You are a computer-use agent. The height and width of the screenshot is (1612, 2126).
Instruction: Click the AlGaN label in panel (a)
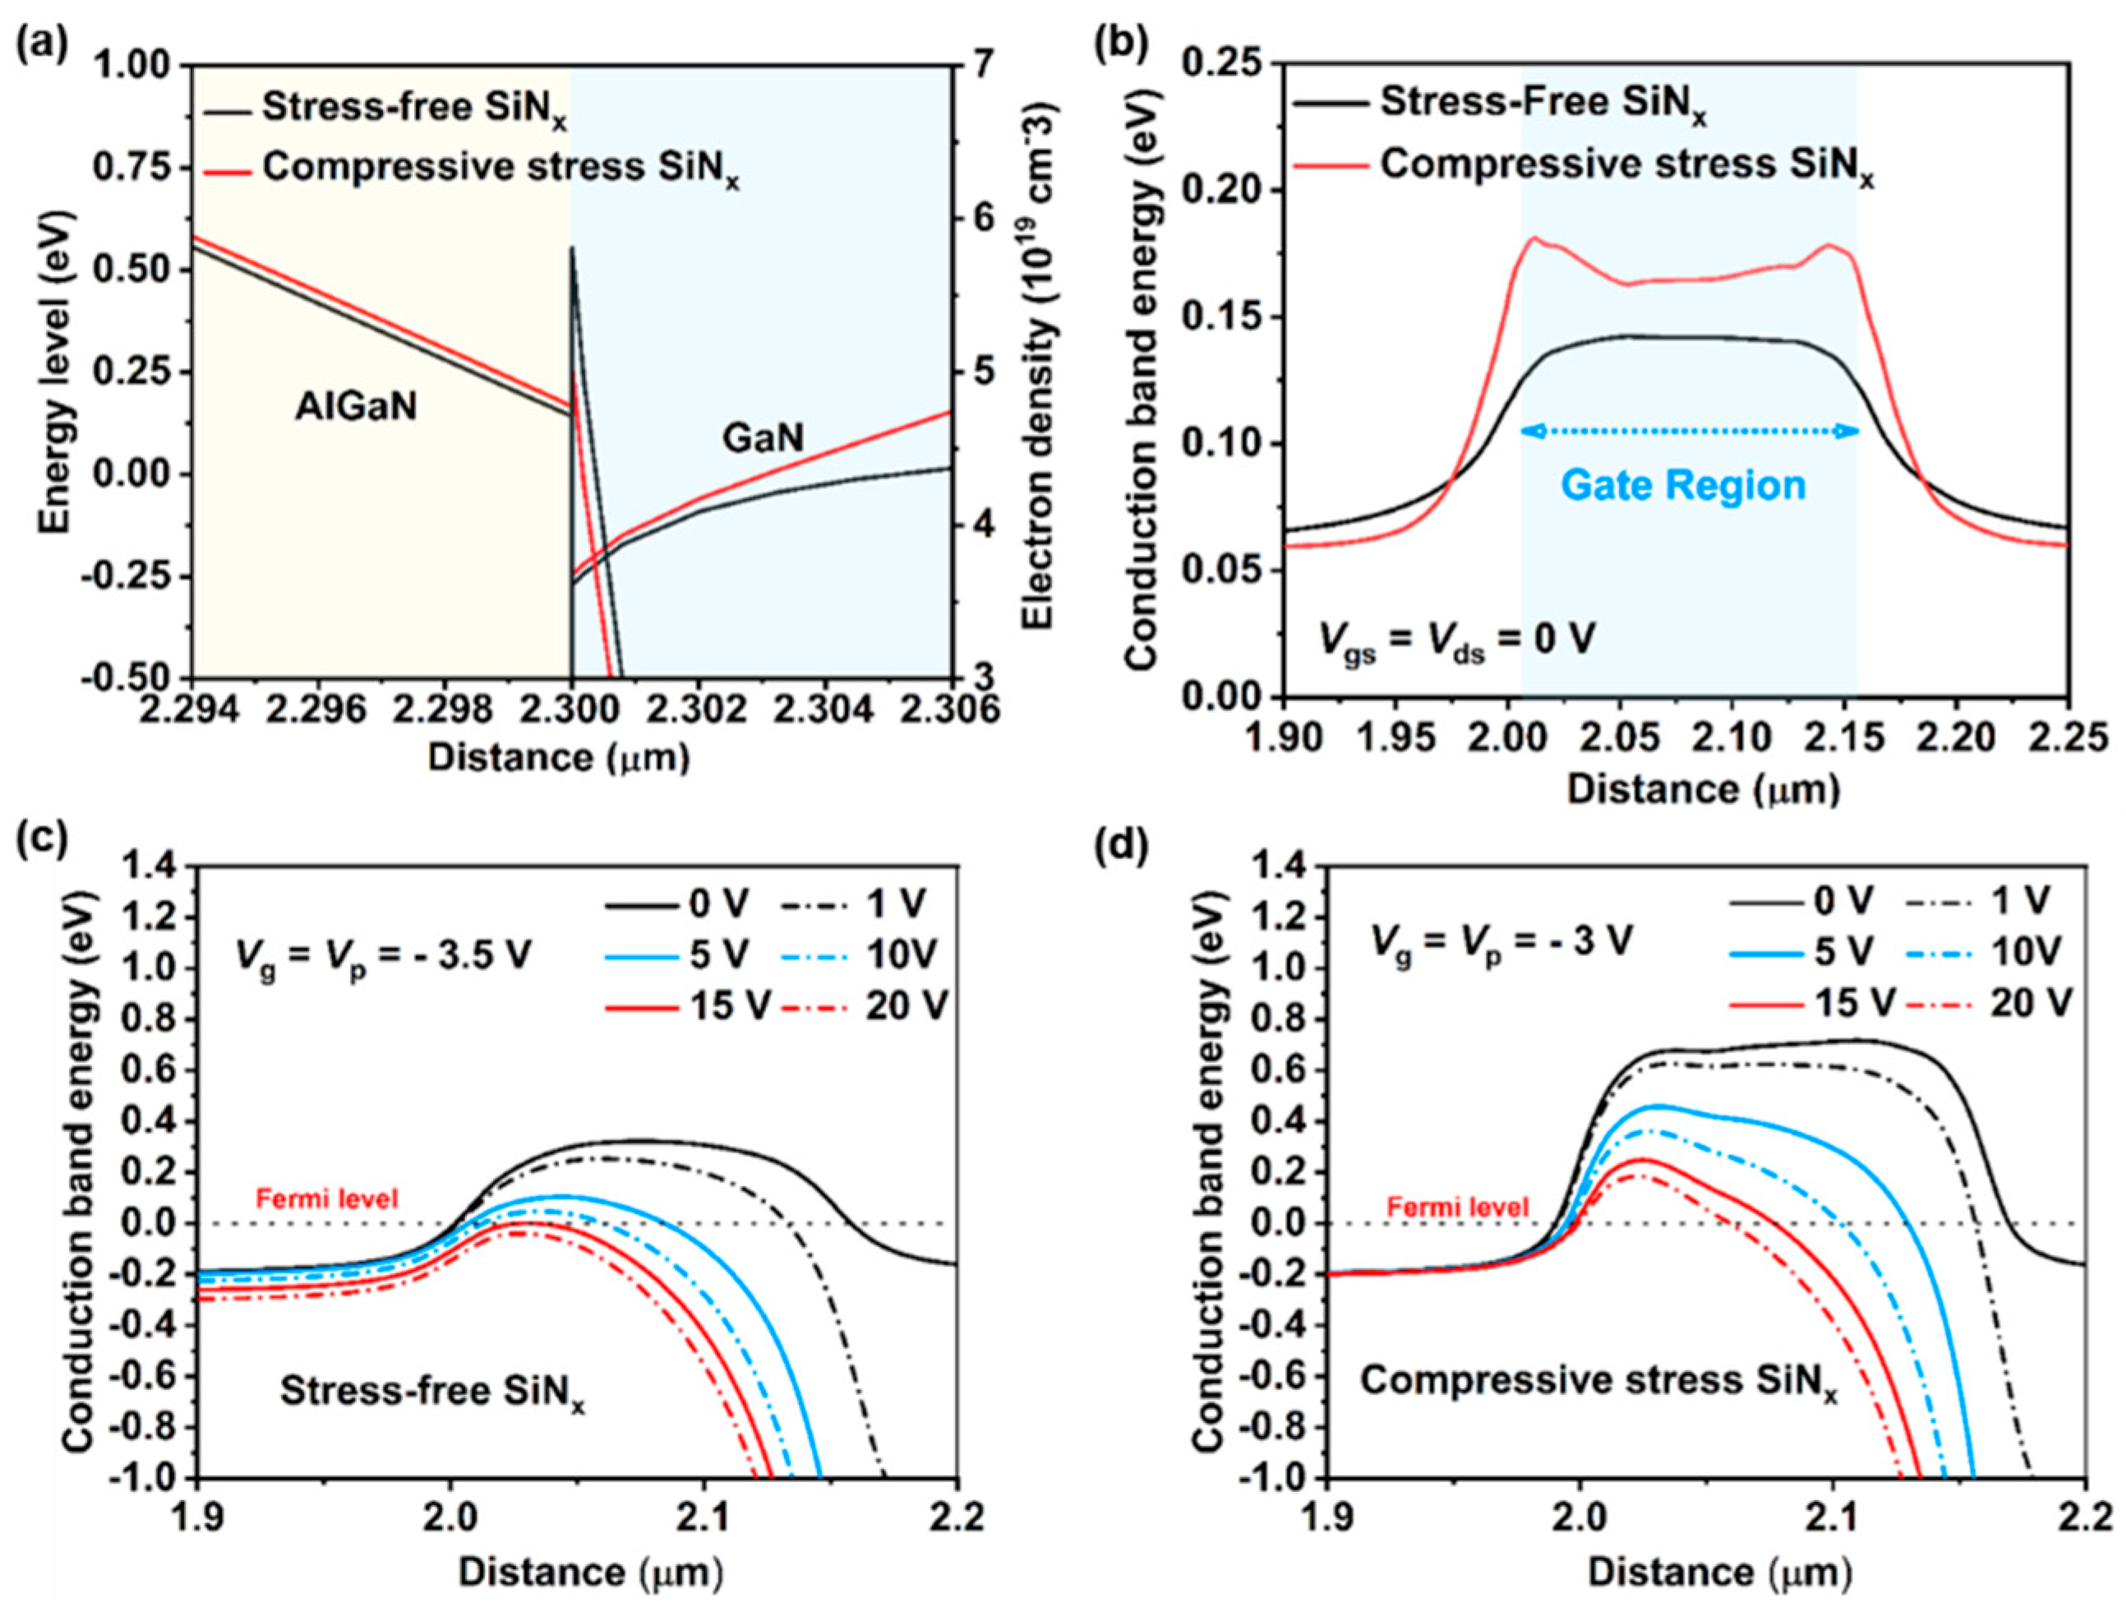(356, 408)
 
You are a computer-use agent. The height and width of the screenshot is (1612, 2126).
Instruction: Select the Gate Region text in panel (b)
(1683, 484)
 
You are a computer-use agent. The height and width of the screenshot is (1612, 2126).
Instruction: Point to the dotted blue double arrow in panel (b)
(1690, 432)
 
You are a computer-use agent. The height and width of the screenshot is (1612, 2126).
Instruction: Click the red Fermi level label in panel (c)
(327, 1199)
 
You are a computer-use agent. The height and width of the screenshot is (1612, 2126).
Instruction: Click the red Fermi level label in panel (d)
(1457, 1207)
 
